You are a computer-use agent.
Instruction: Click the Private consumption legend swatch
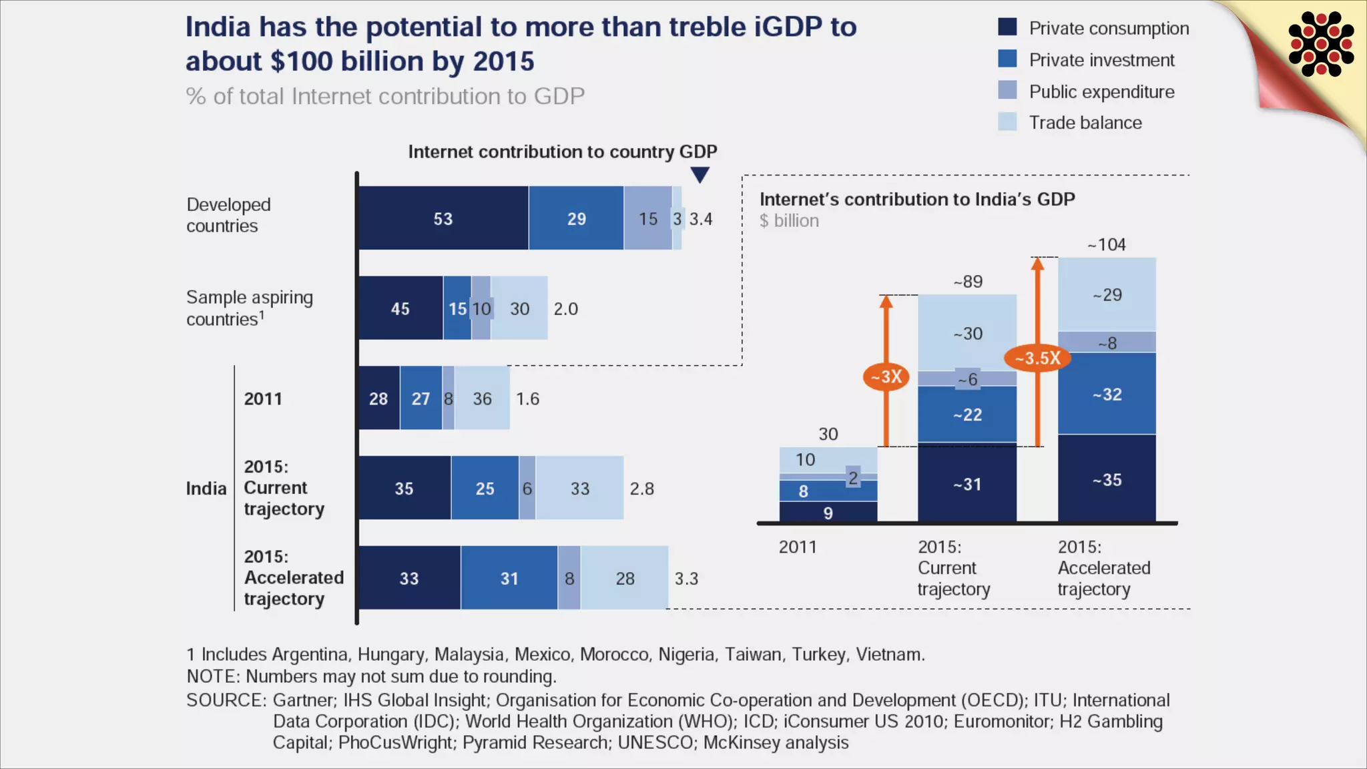tap(1007, 27)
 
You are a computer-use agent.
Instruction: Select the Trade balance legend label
tap(1085, 123)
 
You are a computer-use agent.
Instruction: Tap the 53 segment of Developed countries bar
tap(443, 218)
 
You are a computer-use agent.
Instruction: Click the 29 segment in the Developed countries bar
tap(576, 218)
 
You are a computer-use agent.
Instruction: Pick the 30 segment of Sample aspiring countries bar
tap(520, 308)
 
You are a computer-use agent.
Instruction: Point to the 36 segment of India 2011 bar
tap(482, 399)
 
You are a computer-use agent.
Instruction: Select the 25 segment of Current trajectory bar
tap(485, 488)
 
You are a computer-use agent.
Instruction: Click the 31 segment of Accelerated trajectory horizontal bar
tap(509, 578)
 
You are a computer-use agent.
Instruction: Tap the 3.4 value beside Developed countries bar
tap(701, 219)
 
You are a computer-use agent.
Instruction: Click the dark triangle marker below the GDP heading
tap(700, 175)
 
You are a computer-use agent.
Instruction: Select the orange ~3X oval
tap(886, 377)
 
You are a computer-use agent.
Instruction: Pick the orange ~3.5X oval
tap(1037, 358)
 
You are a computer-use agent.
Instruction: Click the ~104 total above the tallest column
tap(1107, 245)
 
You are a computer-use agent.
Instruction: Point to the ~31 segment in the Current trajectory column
tap(967, 484)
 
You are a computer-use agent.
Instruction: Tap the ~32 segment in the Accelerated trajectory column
tap(1107, 395)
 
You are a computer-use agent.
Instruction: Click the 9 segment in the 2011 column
tap(828, 512)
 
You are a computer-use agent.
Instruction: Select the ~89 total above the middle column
tap(968, 282)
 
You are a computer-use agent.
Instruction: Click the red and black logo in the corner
tap(1321, 44)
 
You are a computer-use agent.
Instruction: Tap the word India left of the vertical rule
tap(206, 489)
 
